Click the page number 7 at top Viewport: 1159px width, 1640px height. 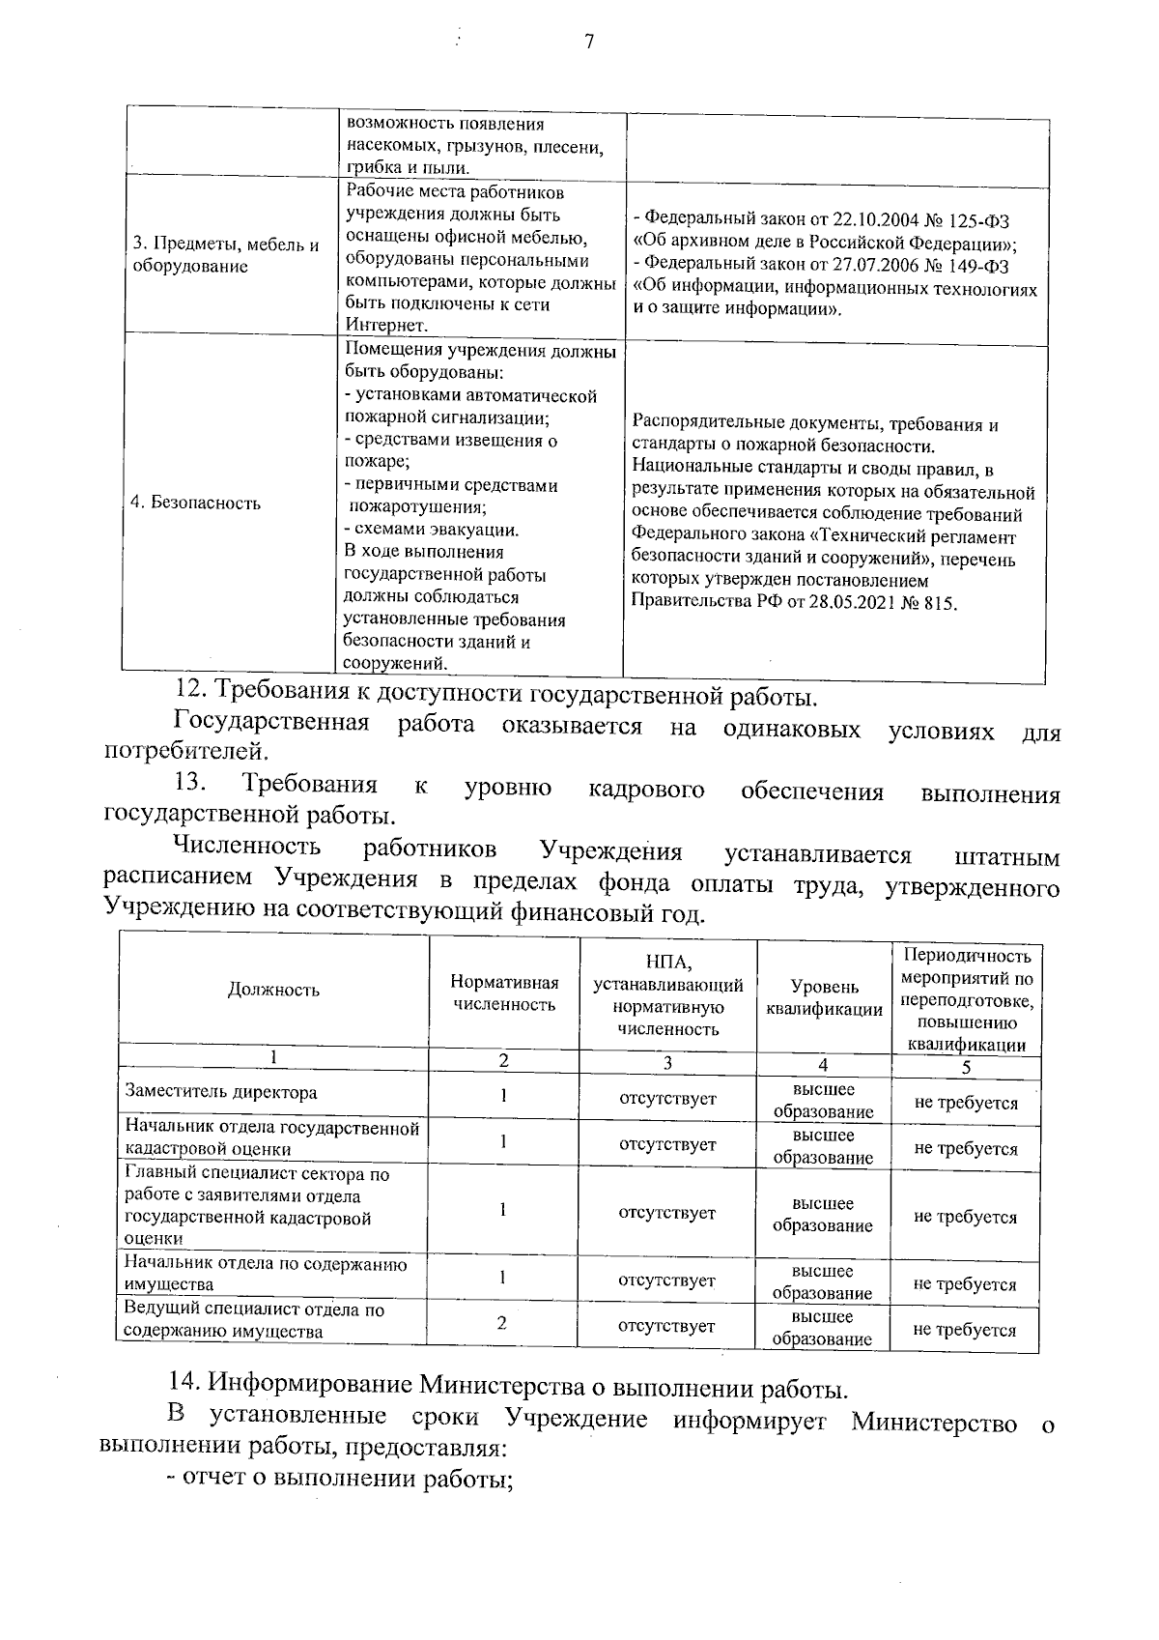588,42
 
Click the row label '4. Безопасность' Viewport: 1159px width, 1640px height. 196,503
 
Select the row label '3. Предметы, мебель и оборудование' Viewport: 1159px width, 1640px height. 225,255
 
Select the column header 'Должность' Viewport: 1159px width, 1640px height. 273,989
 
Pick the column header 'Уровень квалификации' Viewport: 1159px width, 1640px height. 823,997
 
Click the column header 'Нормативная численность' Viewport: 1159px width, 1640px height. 504,993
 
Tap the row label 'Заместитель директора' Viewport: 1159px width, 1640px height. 221,1093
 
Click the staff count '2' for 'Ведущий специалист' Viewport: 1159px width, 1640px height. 502,1323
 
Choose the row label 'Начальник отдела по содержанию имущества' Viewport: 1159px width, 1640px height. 266,1274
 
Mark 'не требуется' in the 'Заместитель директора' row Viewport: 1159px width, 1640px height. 965,1103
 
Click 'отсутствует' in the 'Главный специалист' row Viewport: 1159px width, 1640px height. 666,1213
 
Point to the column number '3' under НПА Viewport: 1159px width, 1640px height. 666,1062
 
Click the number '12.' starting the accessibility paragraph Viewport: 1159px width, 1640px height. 191,692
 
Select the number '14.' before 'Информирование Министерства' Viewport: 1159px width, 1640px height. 183,1388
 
